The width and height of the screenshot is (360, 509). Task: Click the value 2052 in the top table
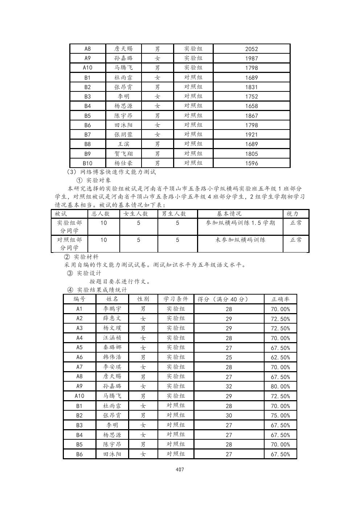pos(251,49)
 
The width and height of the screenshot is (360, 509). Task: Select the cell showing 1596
pos(251,163)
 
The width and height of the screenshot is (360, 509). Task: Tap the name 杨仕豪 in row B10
pos(123,163)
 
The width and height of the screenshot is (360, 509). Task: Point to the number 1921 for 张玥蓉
pos(251,135)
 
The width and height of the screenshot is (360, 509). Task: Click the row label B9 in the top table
pos(87,154)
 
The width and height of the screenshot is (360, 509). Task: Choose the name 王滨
pos(123,144)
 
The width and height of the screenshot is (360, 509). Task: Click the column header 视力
pos(292,214)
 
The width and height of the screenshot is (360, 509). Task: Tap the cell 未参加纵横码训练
pos(241,240)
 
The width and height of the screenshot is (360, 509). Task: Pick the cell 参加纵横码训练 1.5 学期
pos(241,223)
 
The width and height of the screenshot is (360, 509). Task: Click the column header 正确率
pos(281,299)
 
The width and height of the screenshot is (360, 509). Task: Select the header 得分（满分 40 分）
pos(223,299)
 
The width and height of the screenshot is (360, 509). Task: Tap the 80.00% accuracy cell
pos(281,386)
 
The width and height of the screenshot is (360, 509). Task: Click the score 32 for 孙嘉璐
pos(229,386)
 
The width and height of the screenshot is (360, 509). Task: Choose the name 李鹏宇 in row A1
pos(112,309)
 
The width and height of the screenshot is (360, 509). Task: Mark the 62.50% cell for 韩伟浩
pos(281,357)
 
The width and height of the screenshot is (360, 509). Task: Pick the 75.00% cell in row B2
pos(281,415)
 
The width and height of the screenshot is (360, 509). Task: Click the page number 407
pos(180,469)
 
